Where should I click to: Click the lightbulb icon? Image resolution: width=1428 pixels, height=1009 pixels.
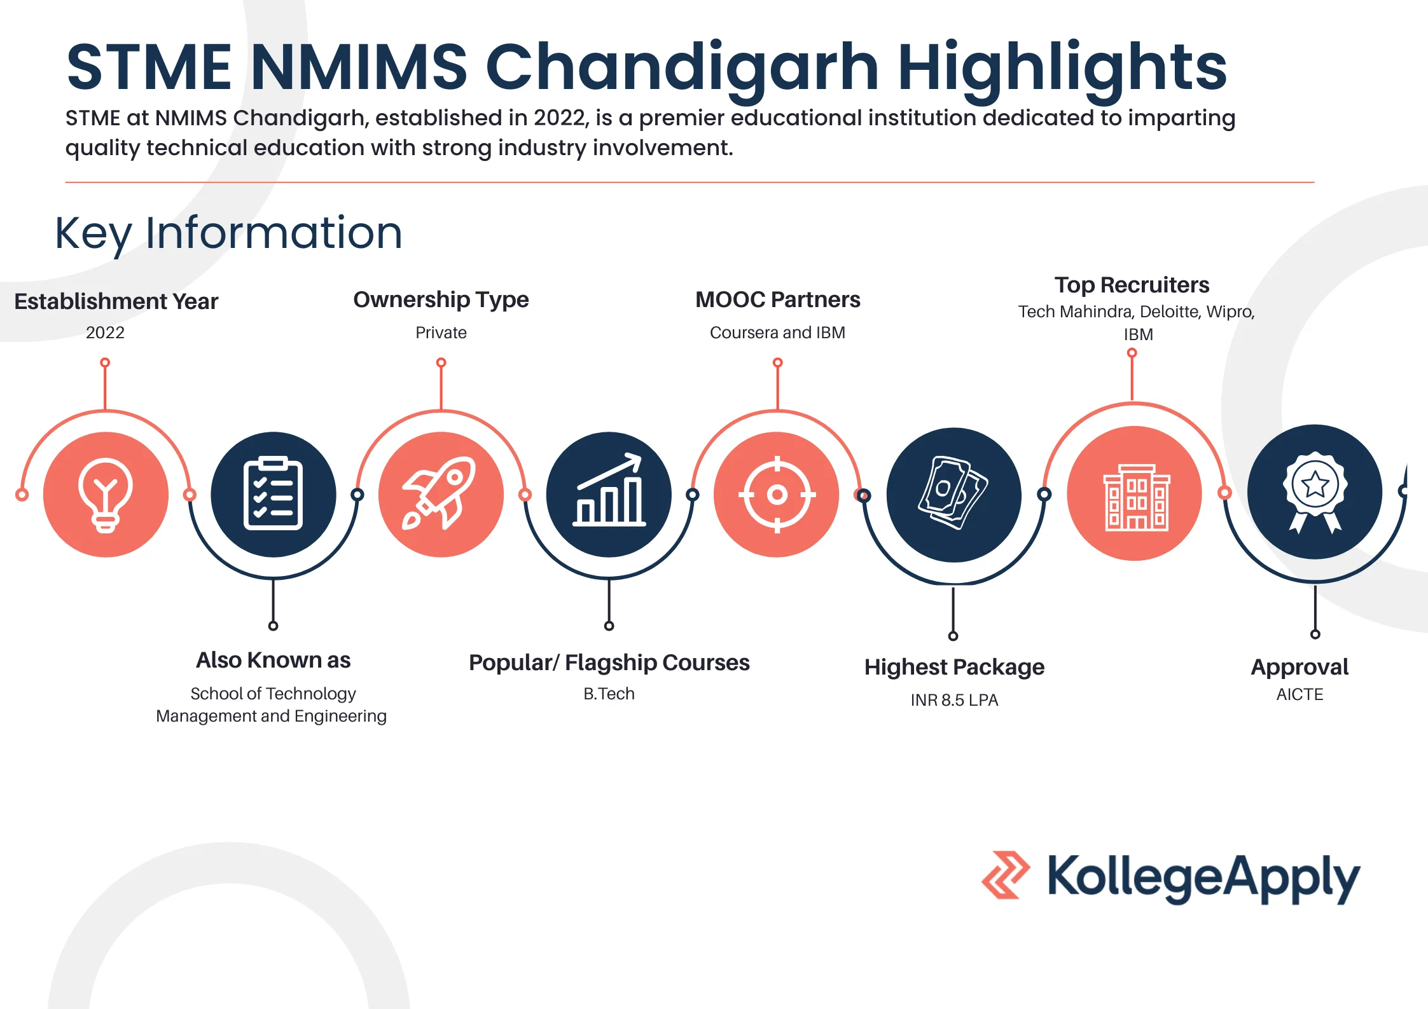tap(106, 495)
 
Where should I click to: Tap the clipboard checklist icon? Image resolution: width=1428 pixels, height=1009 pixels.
tap(273, 493)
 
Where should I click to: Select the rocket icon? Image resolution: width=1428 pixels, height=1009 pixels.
tap(439, 493)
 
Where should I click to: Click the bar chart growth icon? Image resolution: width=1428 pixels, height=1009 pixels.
tap(609, 490)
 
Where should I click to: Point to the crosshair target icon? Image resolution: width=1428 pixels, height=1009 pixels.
tap(777, 494)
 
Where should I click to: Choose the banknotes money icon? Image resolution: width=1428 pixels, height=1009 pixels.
tap(953, 493)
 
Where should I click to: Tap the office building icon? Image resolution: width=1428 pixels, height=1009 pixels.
tap(1136, 497)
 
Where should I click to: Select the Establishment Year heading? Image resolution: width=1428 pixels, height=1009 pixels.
tap(116, 301)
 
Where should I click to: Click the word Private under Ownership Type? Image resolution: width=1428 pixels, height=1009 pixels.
tap(441, 333)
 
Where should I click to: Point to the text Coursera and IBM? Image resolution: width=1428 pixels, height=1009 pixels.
tap(777, 333)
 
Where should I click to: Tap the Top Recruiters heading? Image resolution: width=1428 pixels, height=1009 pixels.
tap(1132, 285)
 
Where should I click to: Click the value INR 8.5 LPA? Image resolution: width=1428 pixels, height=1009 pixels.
tap(954, 700)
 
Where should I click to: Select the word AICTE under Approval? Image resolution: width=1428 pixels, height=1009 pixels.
tap(1300, 694)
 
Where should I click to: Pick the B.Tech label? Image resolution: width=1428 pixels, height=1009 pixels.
tap(609, 694)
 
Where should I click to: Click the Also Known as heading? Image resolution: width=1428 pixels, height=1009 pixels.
tap(273, 660)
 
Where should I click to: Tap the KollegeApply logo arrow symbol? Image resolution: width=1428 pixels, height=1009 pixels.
tap(1006, 874)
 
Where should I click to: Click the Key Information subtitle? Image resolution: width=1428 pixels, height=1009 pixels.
tap(229, 233)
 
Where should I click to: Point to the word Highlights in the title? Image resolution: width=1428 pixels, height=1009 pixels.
tap(1062, 67)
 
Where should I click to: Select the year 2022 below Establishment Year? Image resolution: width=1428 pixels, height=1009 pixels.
tap(105, 333)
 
